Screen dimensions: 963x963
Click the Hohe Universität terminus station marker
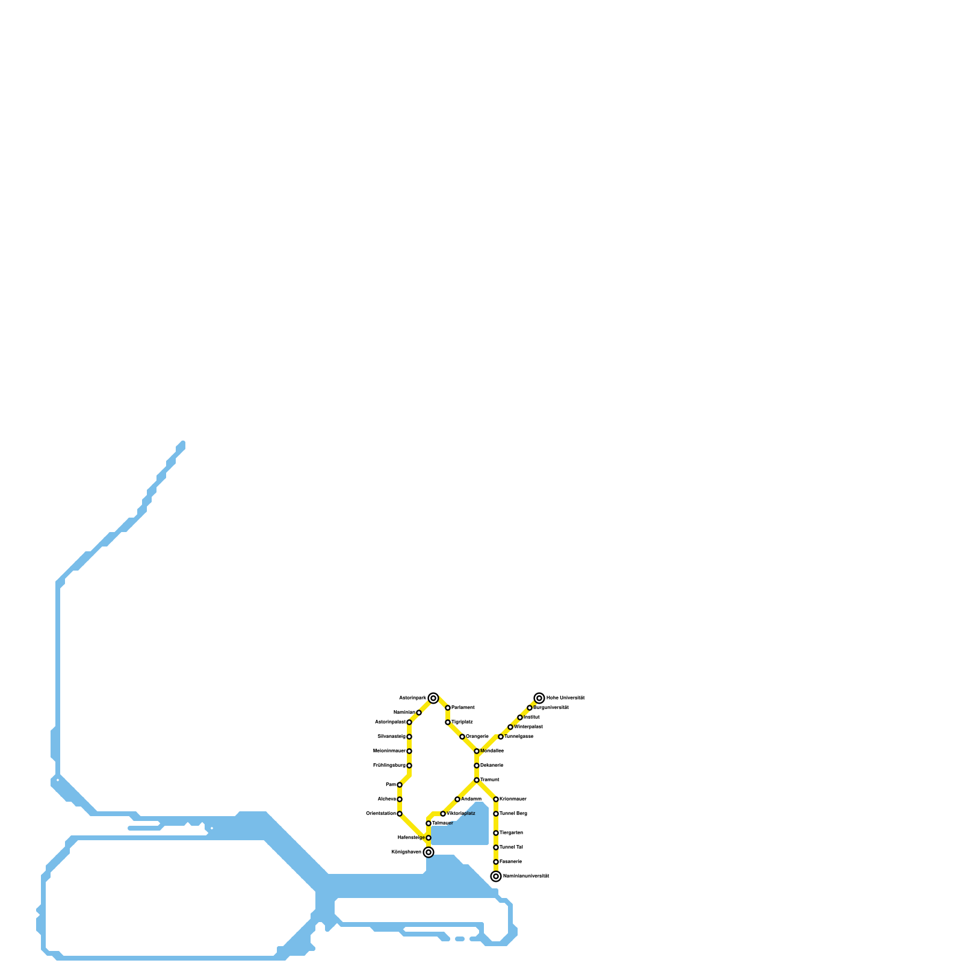(x=539, y=698)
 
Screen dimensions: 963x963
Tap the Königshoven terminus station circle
(x=429, y=852)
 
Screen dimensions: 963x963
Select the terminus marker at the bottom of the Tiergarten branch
(x=496, y=876)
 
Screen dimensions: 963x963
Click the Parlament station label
(x=463, y=708)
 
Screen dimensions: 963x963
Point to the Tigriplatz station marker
(x=448, y=722)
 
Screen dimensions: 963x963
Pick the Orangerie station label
(x=477, y=737)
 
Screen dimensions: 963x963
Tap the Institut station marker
(x=520, y=717)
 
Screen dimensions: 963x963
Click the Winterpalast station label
(x=528, y=727)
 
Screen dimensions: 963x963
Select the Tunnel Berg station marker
(x=496, y=814)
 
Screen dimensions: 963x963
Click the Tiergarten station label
(x=512, y=833)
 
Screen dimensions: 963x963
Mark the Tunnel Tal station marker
(x=496, y=847)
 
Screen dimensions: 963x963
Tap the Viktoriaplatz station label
(x=461, y=814)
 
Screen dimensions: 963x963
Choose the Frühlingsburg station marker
(x=409, y=766)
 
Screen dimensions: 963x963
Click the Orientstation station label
(x=381, y=814)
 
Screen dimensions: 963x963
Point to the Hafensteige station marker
(x=429, y=838)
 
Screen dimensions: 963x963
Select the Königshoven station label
(x=406, y=852)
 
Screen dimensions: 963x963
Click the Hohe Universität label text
(x=566, y=698)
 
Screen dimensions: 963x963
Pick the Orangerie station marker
(x=462, y=737)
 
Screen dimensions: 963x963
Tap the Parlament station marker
(x=448, y=708)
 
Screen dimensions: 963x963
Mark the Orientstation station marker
(x=400, y=814)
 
